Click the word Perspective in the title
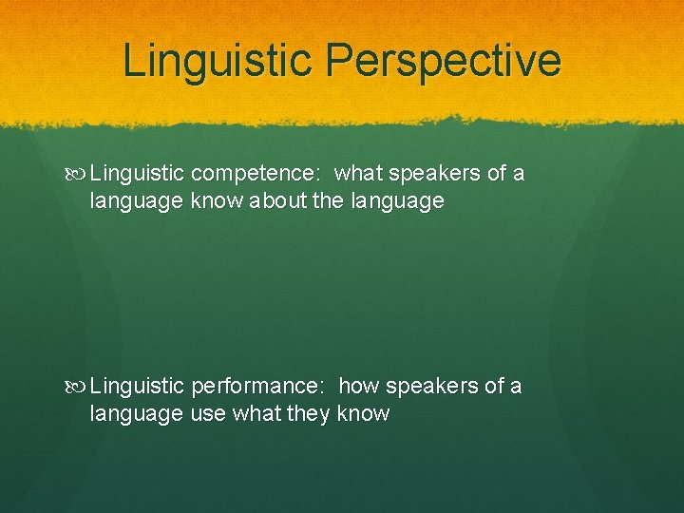(x=443, y=61)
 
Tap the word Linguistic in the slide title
(x=217, y=61)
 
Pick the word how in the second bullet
(x=357, y=387)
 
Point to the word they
(x=308, y=414)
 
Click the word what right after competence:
(x=358, y=174)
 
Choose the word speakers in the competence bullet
(x=432, y=174)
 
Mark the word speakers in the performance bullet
(x=429, y=387)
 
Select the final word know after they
(x=363, y=414)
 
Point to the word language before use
(x=136, y=415)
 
